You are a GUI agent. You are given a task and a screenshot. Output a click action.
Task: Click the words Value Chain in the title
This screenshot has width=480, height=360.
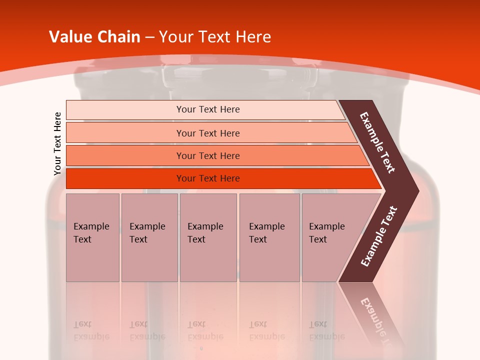click(94, 37)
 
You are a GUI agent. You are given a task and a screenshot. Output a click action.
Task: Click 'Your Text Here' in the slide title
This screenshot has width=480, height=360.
click(215, 37)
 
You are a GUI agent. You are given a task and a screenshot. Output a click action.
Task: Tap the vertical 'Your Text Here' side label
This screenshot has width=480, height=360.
click(57, 143)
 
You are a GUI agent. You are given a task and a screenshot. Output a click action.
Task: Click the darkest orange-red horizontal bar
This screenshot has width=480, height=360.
click(125, 178)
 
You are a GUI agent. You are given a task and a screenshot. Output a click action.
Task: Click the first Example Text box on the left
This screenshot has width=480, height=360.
click(92, 237)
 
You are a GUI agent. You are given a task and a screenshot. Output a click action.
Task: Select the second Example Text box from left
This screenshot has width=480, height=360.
click(149, 237)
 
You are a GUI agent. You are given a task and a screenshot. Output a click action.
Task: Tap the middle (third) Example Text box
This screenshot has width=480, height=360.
click(208, 237)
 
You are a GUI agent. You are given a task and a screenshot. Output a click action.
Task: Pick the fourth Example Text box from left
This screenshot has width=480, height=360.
click(269, 237)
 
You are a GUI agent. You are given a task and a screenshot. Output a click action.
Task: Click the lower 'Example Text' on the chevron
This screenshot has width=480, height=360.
click(379, 236)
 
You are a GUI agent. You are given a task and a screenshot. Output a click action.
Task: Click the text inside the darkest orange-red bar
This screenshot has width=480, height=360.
click(208, 178)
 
